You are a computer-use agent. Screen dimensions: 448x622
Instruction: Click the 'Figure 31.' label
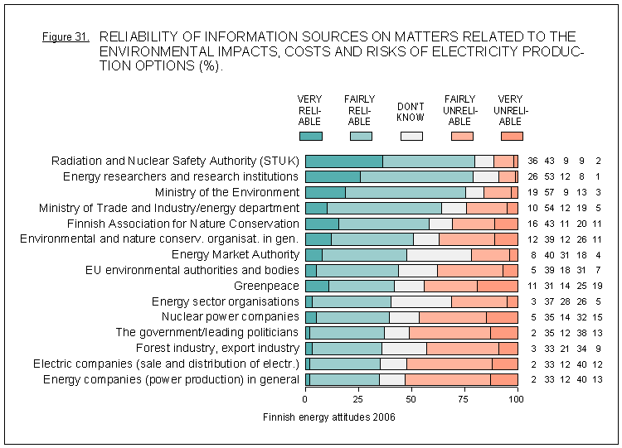65,38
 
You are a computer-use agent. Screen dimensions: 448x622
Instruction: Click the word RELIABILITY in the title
138,37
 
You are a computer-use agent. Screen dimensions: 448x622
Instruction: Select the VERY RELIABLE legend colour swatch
310,136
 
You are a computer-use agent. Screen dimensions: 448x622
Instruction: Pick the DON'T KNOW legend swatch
411,136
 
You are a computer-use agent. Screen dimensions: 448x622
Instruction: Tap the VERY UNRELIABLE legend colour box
512,136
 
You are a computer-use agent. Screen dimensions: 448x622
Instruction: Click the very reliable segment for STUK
344,161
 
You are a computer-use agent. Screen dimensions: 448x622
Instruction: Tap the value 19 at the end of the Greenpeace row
599,286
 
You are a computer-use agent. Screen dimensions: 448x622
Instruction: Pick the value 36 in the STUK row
533,161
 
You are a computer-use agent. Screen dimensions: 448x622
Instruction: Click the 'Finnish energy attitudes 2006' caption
328,417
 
